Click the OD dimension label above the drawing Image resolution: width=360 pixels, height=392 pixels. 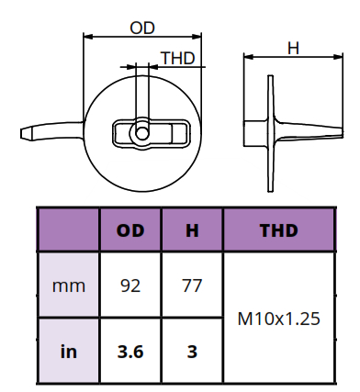(x=142, y=28)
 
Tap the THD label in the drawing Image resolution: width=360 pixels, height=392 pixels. (x=178, y=58)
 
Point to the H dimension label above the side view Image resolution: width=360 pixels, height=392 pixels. (x=293, y=49)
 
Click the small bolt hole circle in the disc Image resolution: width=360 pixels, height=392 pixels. (x=142, y=133)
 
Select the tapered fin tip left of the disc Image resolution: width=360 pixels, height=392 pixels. (x=26, y=133)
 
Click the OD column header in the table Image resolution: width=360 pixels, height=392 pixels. (x=130, y=230)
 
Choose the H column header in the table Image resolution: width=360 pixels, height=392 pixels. (x=192, y=230)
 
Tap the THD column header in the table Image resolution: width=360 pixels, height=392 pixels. (x=279, y=230)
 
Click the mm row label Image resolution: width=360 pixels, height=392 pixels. (x=69, y=286)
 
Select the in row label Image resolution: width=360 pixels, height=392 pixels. (x=69, y=352)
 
